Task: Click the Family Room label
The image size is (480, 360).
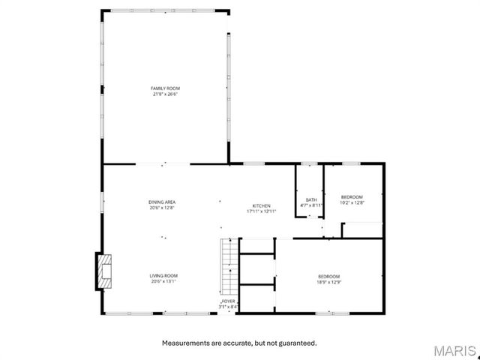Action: click(165, 88)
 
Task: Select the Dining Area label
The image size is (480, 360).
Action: click(162, 202)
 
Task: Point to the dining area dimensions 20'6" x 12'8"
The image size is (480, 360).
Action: click(162, 208)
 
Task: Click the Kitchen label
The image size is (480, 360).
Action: click(261, 205)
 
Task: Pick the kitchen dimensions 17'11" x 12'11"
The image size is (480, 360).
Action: click(261, 211)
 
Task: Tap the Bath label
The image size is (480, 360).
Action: click(310, 199)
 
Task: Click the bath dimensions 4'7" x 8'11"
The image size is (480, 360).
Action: click(310, 205)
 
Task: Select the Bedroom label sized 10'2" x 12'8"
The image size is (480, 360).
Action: click(352, 196)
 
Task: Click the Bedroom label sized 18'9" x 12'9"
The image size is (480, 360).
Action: click(328, 276)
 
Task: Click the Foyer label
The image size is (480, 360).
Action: click(228, 301)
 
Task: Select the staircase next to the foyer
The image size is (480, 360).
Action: click(228, 267)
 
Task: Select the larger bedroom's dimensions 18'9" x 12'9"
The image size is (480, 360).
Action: click(328, 282)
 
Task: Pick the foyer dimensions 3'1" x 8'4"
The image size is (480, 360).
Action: click(228, 307)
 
